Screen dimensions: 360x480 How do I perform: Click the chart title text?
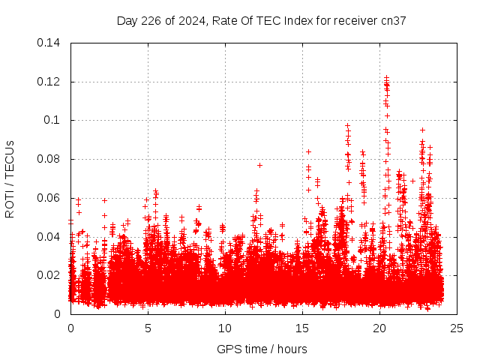261,20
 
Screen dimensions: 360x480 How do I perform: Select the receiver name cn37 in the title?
394,20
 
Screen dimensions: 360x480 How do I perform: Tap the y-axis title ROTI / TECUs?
10,178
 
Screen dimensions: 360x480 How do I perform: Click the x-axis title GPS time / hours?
262,349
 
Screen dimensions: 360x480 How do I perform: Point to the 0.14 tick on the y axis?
51,43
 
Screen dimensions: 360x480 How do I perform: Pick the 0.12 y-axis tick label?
51,81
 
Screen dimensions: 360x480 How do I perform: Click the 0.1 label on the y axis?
54,120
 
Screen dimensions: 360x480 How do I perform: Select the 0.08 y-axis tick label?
51,159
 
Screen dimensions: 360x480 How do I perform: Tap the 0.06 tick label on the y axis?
51,198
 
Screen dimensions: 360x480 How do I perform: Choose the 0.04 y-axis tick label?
51,237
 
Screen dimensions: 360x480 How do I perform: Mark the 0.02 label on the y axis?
51,275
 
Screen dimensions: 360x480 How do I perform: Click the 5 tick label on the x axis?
148,328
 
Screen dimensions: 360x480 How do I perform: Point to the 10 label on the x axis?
225,328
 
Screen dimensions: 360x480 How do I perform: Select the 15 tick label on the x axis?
302,328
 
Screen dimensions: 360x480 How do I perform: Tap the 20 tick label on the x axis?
379,328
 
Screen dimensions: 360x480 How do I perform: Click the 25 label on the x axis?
457,328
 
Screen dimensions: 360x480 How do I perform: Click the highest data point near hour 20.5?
386,77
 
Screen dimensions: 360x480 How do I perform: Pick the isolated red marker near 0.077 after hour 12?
259,165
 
